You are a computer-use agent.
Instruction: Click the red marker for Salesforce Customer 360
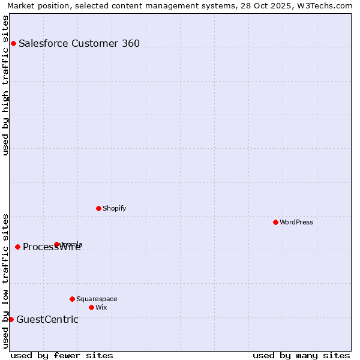tap(13, 43)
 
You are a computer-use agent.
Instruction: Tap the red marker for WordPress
tap(275, 222)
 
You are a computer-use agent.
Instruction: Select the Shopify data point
tap(98, 208)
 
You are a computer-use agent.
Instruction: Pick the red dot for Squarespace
tap(72, 299)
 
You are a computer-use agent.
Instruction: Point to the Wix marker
tap(91, 307)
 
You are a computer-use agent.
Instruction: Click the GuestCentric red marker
tap(11, 319)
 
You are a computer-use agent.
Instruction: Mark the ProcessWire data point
tap(17, 247)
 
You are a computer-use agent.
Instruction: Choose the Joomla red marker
tap(57, 244)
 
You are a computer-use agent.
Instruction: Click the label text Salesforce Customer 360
tap(79, 43)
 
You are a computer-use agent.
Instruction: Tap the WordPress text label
tap(296, 222)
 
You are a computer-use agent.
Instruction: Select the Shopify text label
tap(114, 208)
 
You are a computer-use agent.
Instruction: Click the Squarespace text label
tap(97, 299)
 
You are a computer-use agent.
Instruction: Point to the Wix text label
tap(101, 307)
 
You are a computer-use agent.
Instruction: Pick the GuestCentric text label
tap(47, 319)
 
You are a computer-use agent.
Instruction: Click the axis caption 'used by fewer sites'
tap(62, 355)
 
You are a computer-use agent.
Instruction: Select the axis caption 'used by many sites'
tap(301, 355)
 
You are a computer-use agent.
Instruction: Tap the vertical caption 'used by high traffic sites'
tap(5, 85)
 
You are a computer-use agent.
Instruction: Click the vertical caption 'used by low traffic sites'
tap(5, 281)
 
